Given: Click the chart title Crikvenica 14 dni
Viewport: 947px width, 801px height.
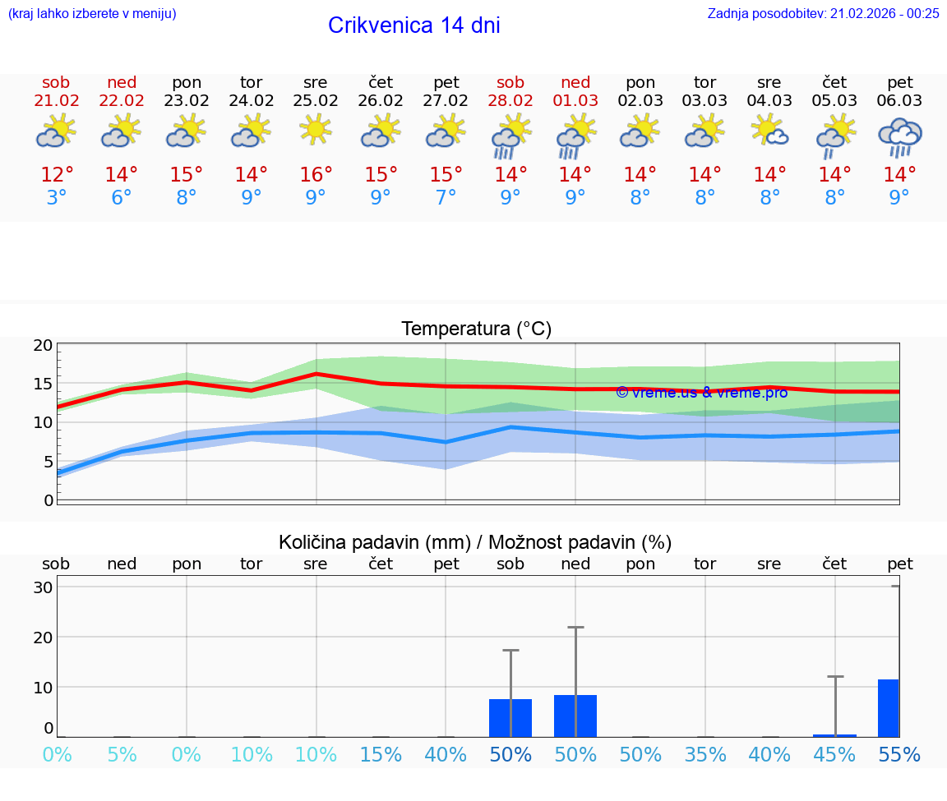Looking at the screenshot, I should (413, 25).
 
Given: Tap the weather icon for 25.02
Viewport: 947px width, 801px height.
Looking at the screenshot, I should (316, 130).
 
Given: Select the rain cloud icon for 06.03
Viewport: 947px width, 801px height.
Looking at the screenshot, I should (899, 136).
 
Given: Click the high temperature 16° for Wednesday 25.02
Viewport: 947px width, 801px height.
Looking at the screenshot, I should (316, 175).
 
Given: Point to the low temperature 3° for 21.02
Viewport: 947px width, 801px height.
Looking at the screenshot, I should (57, 198).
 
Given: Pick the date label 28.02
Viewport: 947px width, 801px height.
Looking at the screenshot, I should (510, 101).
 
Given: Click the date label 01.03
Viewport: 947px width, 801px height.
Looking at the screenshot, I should (575, 101).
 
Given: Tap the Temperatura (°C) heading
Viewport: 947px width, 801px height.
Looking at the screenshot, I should (476, 329).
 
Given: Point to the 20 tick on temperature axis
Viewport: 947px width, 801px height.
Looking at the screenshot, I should (43, 346).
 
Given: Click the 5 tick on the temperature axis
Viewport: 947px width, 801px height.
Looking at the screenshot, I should (48, 462).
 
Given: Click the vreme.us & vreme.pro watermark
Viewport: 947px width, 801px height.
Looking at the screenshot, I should (701, 393).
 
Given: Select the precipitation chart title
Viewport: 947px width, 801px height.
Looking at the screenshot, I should (475, 542).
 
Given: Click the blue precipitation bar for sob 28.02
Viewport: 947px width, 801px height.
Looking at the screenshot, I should (510, 718).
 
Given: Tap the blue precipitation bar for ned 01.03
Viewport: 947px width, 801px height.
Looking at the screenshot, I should (575, 716).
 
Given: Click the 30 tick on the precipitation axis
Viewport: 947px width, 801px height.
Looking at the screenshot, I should (43, 587).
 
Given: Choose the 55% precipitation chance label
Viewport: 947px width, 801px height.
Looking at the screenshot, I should (899, 755).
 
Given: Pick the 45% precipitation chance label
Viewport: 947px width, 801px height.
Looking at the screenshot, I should (834, 755).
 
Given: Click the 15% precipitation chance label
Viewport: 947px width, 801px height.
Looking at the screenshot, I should (381, 755).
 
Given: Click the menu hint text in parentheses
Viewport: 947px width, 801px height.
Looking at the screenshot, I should (91, 13).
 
